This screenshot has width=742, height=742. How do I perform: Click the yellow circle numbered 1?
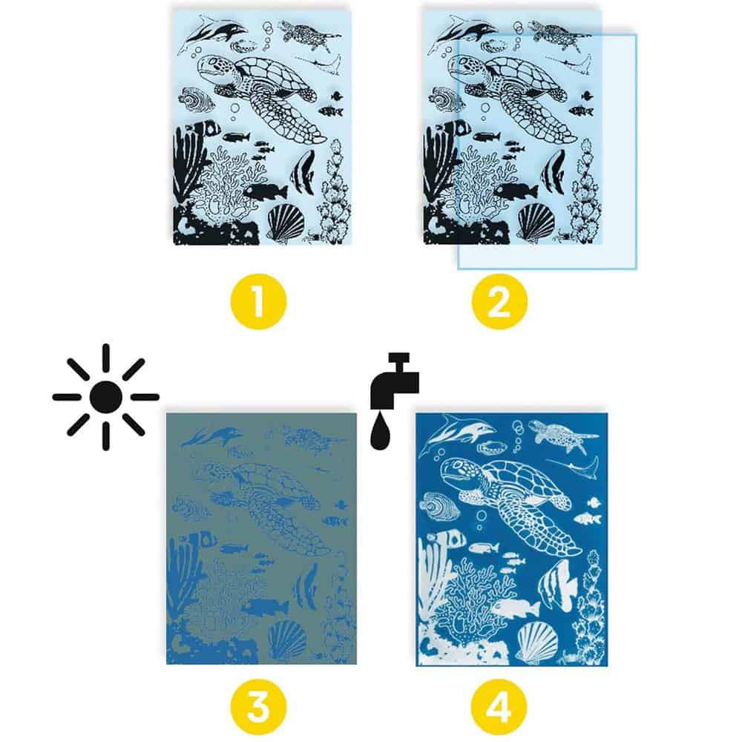point(258,301)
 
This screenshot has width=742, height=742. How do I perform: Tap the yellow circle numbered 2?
point(499,301)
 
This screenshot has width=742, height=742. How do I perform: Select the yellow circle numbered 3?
point(258,707)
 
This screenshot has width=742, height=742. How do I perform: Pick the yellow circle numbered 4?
point(499,707)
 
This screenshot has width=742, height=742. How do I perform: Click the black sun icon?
point(105,396)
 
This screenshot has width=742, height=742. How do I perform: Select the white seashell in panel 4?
point(537,642)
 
